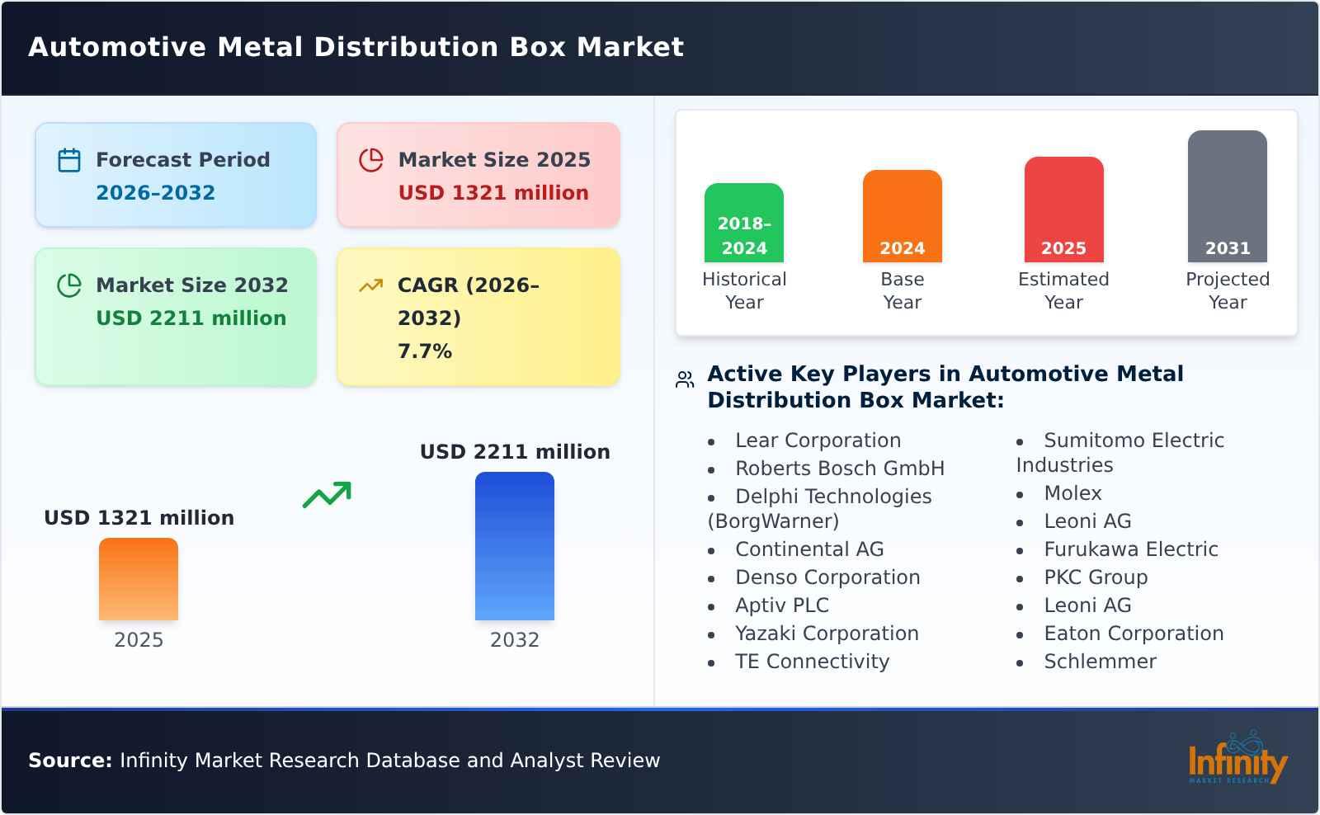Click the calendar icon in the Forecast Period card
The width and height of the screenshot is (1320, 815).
click(69, 160)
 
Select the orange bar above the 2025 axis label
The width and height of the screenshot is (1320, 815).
click(139, 579)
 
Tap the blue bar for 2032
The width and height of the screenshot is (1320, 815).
click(514, 546)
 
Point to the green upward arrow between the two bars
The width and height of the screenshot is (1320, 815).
click(327, 494)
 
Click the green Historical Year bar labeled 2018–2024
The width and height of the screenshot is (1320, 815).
click(743, 223)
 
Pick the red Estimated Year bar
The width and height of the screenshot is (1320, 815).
click(1063, 210)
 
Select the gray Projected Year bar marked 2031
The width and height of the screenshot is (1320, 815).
click(1227, 196)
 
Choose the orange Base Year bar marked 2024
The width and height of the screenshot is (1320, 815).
click(902, 216)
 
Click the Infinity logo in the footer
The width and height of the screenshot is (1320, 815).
click(1237, 759)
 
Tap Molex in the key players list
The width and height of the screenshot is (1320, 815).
click(1072, 493)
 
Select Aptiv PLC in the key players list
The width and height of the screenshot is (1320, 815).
click(781, 605)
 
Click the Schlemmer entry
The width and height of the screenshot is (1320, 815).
click(1100, 662)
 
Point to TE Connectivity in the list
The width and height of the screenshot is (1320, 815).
click(812, 662)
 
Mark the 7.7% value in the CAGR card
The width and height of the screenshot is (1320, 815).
click(425, 351)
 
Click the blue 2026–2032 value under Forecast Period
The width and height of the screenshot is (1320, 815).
click(155, 193)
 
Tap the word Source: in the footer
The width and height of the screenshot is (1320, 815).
click(70, 761)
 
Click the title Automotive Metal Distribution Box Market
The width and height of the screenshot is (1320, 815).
click(356, 47)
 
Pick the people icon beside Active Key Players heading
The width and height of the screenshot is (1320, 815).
click(685, 379)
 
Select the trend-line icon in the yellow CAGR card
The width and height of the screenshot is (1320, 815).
click(370, 285)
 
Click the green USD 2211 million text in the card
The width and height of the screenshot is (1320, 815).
click(191, 318)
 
